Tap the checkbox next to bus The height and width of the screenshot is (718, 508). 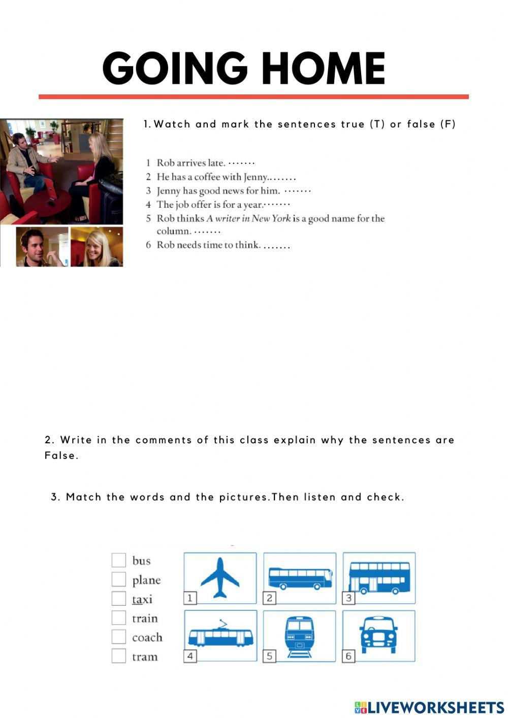click(x=118, y=560)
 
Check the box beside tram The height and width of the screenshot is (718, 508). click(x=118, y=656)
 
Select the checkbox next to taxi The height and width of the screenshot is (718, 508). click(x=118, y=598)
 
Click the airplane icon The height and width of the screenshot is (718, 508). click(x=220, y=577)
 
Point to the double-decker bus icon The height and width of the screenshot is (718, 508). click(x=379, y=577)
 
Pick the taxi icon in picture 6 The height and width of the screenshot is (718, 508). click(x=378, y=635)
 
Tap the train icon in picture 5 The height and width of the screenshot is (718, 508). click(x=299, y=636)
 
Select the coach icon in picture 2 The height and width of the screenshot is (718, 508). click(x=300, y=578)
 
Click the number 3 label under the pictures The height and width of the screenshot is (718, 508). click(x=348, y=598)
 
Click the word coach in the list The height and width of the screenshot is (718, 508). click(x=147, y=637)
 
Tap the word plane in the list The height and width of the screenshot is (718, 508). click(x=146, y=580)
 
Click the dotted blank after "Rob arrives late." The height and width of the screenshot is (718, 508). click(x=241, y=163)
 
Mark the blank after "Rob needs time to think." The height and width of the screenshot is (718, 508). click(x=277, y=246)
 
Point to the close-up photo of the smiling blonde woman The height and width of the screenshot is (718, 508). click(x=97, y=247)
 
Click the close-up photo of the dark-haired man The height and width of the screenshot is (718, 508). click(x=42, y=247)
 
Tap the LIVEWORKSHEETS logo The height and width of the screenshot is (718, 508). click(x=429, y=708)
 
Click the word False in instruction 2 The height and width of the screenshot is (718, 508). click(x=60, y=455)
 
